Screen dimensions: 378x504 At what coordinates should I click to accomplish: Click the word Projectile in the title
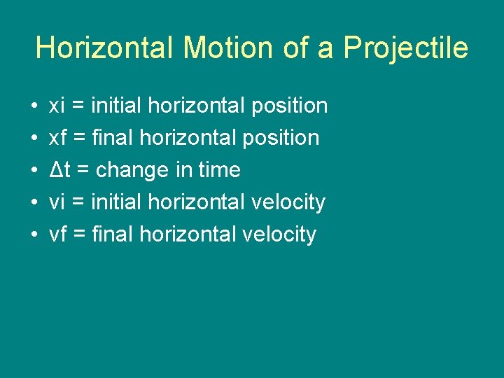406,48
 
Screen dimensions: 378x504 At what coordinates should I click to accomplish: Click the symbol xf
58,138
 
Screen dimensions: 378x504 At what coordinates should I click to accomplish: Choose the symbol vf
58,234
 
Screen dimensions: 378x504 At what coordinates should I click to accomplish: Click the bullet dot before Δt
34,171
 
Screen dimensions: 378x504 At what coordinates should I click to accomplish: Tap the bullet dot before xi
34,106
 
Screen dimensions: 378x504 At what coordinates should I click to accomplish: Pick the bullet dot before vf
34,235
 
